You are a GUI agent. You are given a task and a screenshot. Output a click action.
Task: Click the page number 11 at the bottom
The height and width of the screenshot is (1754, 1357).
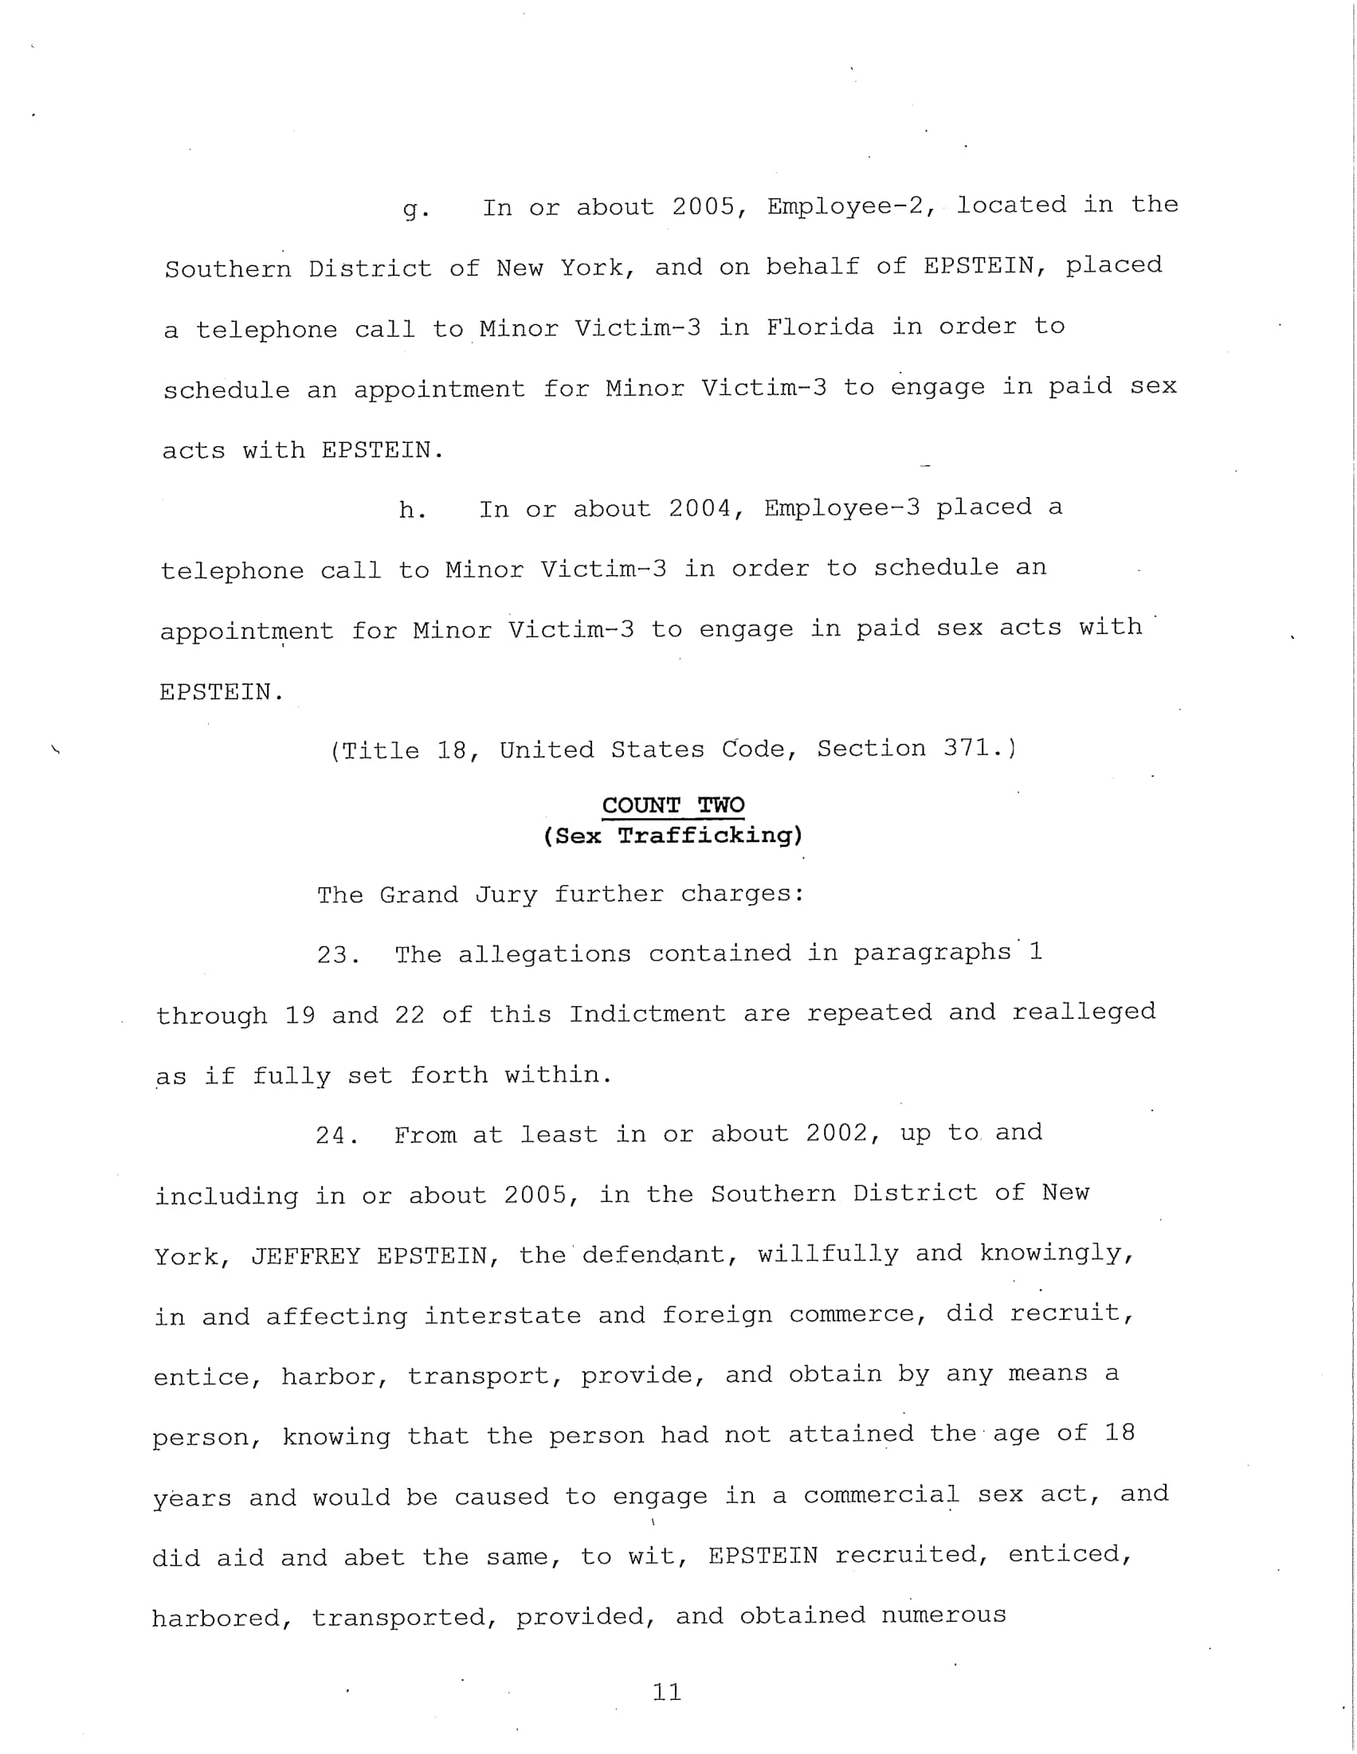(x=667, y=1692)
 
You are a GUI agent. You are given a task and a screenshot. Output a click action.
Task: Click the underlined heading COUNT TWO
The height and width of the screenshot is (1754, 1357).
(x=673, y=805)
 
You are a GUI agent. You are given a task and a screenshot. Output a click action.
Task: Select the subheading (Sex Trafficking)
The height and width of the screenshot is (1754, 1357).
(x=673, y=836)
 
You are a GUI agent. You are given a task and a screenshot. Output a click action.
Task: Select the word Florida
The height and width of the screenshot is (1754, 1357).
(x=819, y=327)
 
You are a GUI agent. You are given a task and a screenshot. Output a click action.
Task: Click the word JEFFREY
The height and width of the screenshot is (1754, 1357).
(x=305, y=1256)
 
